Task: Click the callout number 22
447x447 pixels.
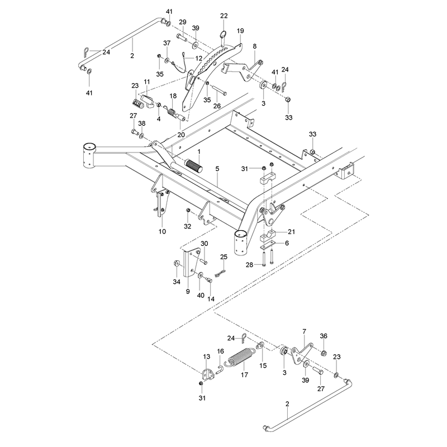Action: click(x=224, y=16)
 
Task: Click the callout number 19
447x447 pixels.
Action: click(x=240, y=31)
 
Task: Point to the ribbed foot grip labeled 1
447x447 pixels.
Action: click(x=194, y=166)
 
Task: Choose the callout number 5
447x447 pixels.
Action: click(x=217, y=169)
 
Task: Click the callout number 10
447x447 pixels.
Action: click(x=162, y=231)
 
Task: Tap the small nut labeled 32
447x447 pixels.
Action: click(x=188, y=211)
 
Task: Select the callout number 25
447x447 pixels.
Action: click(x=224, y=257)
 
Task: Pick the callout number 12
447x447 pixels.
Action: click(x=199, y=58)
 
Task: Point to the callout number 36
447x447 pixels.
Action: click(x=324, y=336)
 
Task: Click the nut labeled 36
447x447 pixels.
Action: click(x=324, y=354)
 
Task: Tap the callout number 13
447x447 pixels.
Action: click(x=207, y=356)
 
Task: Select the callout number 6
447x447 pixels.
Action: click(x=287, y=243)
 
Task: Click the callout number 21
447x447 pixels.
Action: click(x=291, y=232)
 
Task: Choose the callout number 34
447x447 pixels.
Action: click(x=177, y=282)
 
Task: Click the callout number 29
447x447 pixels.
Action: click(x=183, y=22)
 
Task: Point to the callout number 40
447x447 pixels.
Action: click(x=201, y=296)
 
